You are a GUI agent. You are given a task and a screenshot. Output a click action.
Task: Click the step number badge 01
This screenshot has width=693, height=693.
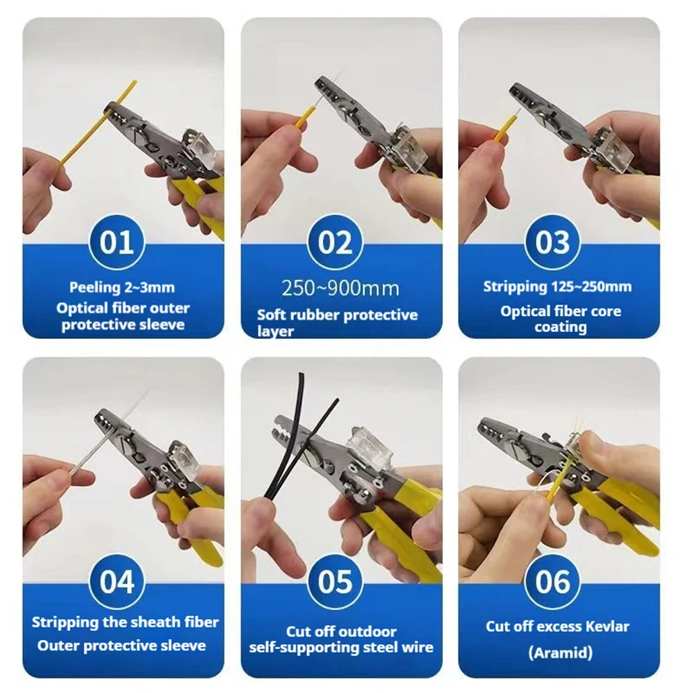tap(117, 243)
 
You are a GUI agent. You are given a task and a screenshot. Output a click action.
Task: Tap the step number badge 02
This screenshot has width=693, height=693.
tap(335, 243)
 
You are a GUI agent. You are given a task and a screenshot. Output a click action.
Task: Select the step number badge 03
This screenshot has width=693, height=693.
tap(552, 243)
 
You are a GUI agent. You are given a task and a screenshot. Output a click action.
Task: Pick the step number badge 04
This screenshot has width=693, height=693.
tap(117, 581)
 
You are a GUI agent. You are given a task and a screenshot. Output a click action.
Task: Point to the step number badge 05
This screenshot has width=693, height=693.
tap(335, 581)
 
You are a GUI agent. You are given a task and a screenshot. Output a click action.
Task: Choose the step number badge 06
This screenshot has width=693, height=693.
tap(552, 581)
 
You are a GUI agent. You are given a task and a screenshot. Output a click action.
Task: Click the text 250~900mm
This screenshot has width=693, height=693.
tap(340, 288)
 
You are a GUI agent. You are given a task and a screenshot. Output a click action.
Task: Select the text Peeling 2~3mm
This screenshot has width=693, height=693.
tap(122, 286)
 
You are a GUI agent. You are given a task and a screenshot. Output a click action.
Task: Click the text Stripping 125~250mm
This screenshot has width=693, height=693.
tap(557, 286)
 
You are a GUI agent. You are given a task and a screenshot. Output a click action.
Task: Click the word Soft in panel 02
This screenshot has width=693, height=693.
tap(272, 315)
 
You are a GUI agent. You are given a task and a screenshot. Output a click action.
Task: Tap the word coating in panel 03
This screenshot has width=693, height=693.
tap(560, 327)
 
